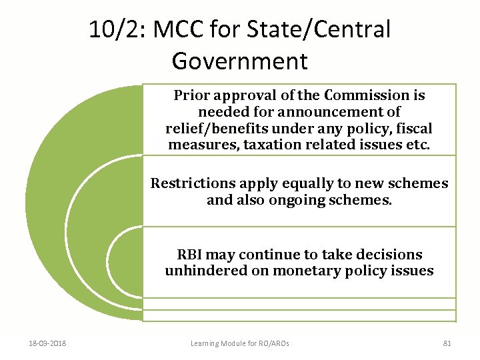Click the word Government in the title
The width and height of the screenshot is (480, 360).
pos(239,61)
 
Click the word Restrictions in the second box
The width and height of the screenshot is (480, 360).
pos(192,183)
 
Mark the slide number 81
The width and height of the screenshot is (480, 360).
pos(447,343)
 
